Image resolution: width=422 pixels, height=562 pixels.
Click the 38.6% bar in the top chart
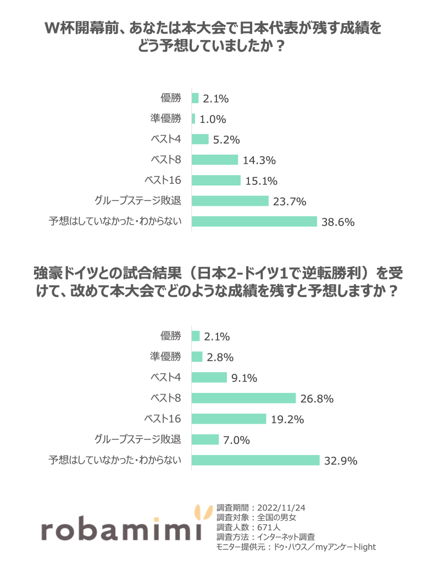click(x=254, y=221)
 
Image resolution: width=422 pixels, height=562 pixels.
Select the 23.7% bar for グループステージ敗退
click(x=230, y=201)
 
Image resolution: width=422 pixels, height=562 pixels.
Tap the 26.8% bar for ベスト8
click(x=243, y=398)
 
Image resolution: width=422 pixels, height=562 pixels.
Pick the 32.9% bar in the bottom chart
click(x=256, y=460)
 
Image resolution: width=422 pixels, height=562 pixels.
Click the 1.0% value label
click(x=213, y=119)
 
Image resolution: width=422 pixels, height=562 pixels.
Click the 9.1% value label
click(x=245, y=378)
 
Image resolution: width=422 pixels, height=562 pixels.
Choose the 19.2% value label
click(x=287, y=419)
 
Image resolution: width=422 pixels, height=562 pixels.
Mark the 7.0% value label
click(x=237, y=440)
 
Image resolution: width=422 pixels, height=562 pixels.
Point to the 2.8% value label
click(x=220, y=357)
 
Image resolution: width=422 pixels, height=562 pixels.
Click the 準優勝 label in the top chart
click(x=165, y=119)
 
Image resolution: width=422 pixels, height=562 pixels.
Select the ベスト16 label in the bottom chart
click(x=162, y=419)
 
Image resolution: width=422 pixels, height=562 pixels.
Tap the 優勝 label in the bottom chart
click(x=170, y=336)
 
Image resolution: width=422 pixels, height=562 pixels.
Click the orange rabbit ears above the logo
click(x=203, y=512)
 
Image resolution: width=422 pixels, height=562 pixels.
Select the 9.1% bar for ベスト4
click(x=209, y=377)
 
